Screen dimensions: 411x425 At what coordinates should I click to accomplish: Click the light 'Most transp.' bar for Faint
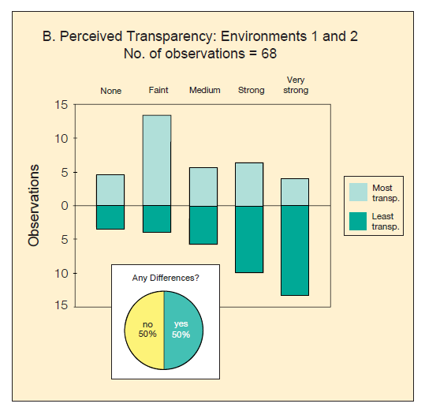(x=157, y=160)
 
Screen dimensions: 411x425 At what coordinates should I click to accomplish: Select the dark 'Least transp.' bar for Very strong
(x=295, y=250)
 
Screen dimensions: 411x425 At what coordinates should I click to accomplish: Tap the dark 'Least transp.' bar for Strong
(x=249, y=239)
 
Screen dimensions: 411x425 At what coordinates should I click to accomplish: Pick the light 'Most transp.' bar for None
(x=110, y=190)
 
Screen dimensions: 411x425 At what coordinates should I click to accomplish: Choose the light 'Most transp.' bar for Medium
(x=203, y=186)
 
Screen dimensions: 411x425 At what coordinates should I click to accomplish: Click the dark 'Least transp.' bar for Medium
(x=203, y=225)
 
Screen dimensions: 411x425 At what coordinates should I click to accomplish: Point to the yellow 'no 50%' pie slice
(x=144, y=330)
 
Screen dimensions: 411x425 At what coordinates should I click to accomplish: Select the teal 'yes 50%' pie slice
(x=184, y=330)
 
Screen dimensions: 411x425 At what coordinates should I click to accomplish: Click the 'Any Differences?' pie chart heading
(x=165, y=278)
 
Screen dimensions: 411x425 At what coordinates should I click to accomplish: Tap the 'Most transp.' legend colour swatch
(x=358, y=191)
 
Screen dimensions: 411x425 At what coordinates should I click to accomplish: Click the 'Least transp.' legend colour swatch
(x=358, y=221)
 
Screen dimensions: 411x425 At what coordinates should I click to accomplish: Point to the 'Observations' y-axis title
(x=34, y=205)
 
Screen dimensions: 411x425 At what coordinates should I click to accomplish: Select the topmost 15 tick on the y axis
(x=62, y=104)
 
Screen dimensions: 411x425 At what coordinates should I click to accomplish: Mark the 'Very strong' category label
(x=296, y=85)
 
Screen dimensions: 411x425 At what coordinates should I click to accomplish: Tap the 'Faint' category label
(x=158, y=91)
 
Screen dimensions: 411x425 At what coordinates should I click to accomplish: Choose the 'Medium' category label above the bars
(x=204, y=91)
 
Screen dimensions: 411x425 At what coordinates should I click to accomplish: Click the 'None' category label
(x=111, y=91)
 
